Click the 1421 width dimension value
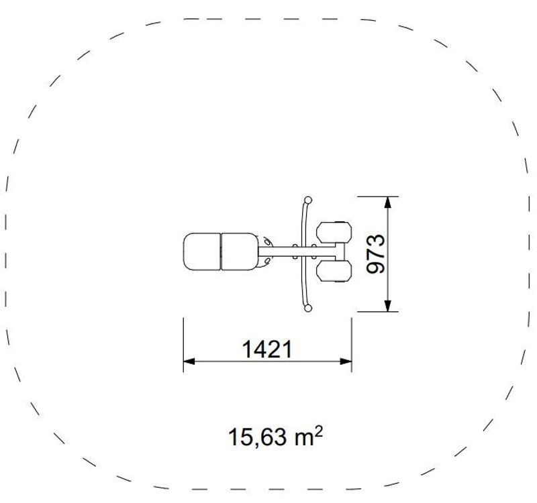pyautogui.click(x=267, y=349)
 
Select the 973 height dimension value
pyautogui.click(x=376, y=254)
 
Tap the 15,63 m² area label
pyautogui.click(x=275, y=437)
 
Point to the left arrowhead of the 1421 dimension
pyautogui.click(x=189, y=361)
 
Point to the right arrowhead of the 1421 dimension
pyautogui.click(x=346, y=361)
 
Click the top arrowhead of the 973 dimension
pyautogui.click(x=387, y=203)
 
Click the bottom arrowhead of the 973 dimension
pyautogui.click(x=387, y=306)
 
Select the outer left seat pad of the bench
pyautogui.click(x=202, y=252)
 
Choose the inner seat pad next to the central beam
pyautogui.click(x=240, y=252)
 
